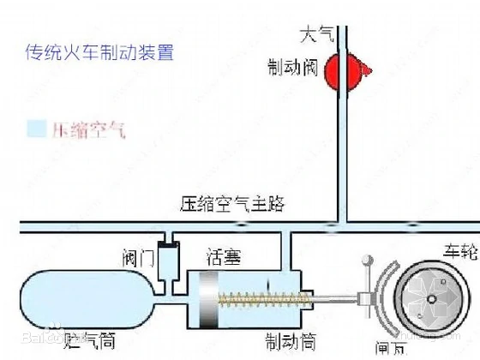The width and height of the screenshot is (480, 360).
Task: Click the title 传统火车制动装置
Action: tap(100, 52)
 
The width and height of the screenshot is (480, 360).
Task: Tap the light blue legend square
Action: tap(35, 130)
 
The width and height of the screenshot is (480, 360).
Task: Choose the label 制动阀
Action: tap(291, 68)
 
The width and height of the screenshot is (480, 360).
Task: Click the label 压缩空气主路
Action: tap(232, 204)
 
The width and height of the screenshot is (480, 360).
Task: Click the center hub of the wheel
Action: tap(433, 299)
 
